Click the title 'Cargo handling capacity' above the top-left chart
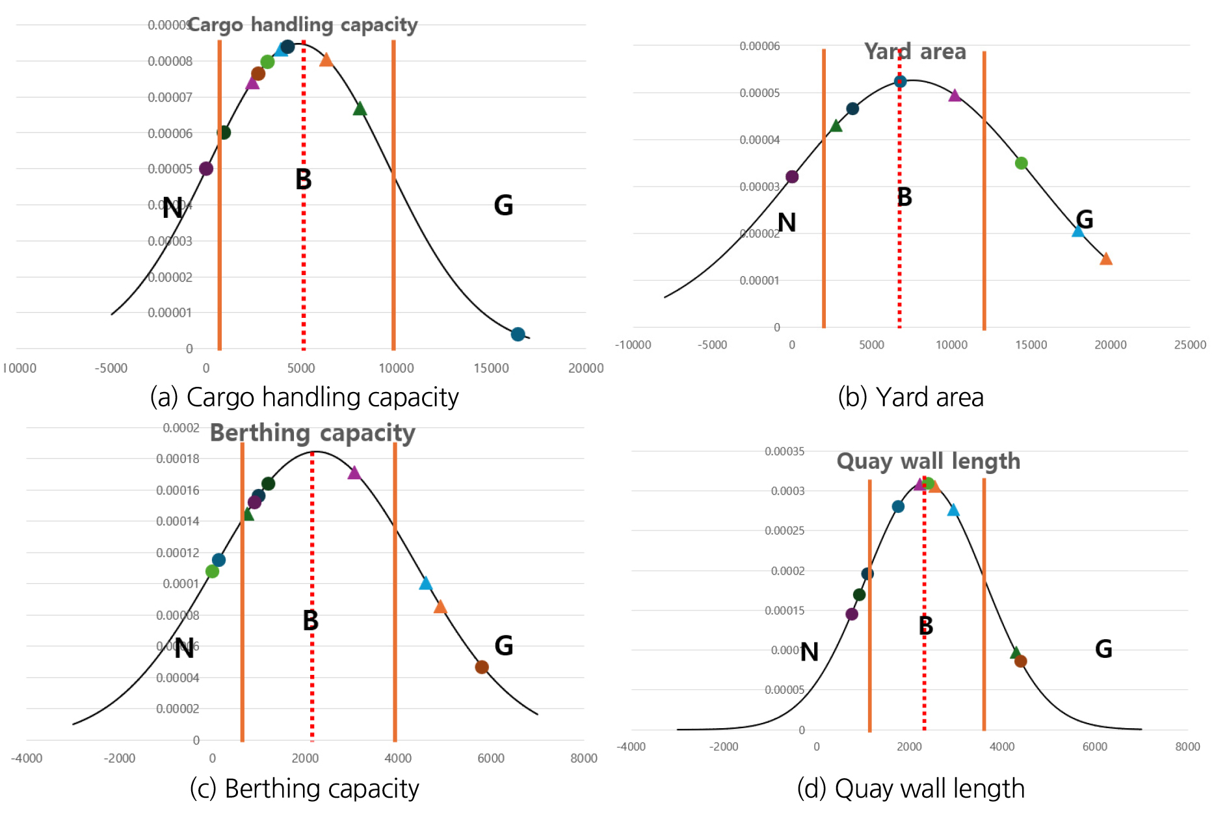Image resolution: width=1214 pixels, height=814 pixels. (x=302, y=25)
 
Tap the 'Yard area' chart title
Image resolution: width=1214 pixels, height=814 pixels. (x=914, y=51)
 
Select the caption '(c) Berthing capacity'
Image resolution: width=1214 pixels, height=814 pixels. (x=304, y=788)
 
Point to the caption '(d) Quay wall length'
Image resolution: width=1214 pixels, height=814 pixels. (x=910, y=788)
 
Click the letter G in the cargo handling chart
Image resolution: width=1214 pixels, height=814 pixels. (x=503, y=205)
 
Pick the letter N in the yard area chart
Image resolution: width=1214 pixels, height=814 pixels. (x=787, y=223)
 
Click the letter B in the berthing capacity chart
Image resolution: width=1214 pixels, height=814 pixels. (x=311, y=620)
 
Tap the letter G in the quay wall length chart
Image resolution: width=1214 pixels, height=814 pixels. (x=1103, y=649)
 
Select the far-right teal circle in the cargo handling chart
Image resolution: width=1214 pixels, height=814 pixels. (x=518, y=334)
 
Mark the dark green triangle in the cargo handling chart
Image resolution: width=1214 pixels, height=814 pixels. (x=360, y=109)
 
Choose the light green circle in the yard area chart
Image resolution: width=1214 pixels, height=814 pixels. (x=1021, y=163)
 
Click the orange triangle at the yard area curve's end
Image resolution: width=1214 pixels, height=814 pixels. (x=1106, y=259)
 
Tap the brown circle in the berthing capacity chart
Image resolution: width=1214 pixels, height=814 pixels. (x=482, y=667)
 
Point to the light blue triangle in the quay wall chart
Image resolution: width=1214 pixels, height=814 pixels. (x=953, y=510)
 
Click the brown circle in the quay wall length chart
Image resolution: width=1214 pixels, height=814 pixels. (x=1021, y=661)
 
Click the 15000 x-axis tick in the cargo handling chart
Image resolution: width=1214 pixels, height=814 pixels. (x=491, y=368)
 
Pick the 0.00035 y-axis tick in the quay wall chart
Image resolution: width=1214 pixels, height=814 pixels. (x=784, y=451)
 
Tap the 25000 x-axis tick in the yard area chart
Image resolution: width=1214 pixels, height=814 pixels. (x=1190, y=345)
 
